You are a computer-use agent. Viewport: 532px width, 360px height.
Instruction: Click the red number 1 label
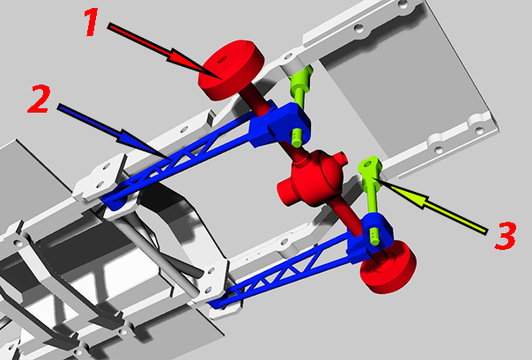[91, 22]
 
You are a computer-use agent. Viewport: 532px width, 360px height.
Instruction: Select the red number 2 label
[40, 99]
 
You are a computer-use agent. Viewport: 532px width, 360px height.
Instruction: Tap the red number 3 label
[506, 236]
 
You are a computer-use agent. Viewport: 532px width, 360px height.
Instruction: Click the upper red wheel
[231, 70]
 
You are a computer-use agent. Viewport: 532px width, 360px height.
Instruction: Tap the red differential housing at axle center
[312, 179]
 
